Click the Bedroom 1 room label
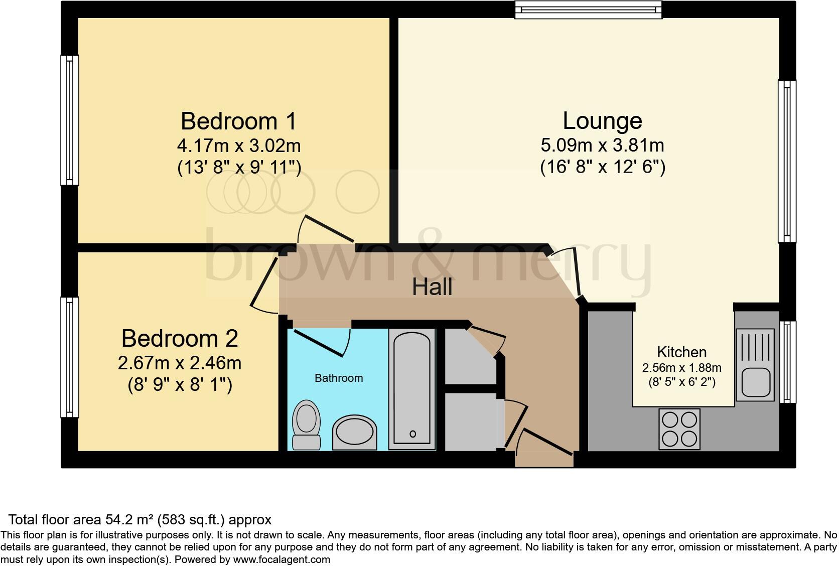tap(238, 121)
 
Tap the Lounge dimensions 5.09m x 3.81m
tap(602, 146)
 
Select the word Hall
tap(432, 287)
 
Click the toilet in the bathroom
tap(306, 424)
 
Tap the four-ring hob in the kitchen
tap(679, 429)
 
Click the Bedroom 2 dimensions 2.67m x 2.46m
tap(180, 363)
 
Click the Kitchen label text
tap(681, 352)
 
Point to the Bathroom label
tap(339, 378)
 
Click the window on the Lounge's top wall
tap(588, 10)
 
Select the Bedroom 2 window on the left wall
tap(70, 357)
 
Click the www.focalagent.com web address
tap(282, 559)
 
